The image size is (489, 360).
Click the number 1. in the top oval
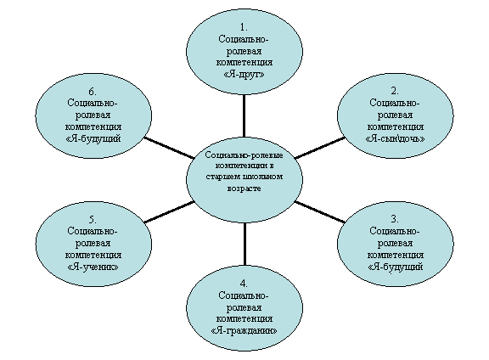(244, 27)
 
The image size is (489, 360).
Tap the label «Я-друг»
(244, 74)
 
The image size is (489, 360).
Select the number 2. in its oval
(395, 91)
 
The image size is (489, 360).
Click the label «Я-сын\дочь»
(395, 138)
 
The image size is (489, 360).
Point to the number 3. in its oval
(395, 219)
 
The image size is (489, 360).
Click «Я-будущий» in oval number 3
(395, 267)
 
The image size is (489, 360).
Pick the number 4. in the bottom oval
(244, 284)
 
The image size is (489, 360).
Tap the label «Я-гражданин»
(244, 330)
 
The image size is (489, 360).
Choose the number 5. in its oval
(93, 219)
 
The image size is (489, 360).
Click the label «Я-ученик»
(93, 267)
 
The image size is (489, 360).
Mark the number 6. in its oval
(93, 92)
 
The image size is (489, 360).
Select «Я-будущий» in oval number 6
(93, 138)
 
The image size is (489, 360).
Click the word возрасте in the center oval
(244, 188)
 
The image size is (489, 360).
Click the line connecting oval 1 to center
(244, 115)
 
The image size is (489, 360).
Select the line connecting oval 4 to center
(244, 244)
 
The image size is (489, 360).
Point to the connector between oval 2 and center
(320, 148)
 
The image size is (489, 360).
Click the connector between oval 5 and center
(169, 212)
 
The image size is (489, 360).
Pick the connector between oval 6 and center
(169, 148)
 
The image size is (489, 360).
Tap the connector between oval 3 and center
(320, 212)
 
